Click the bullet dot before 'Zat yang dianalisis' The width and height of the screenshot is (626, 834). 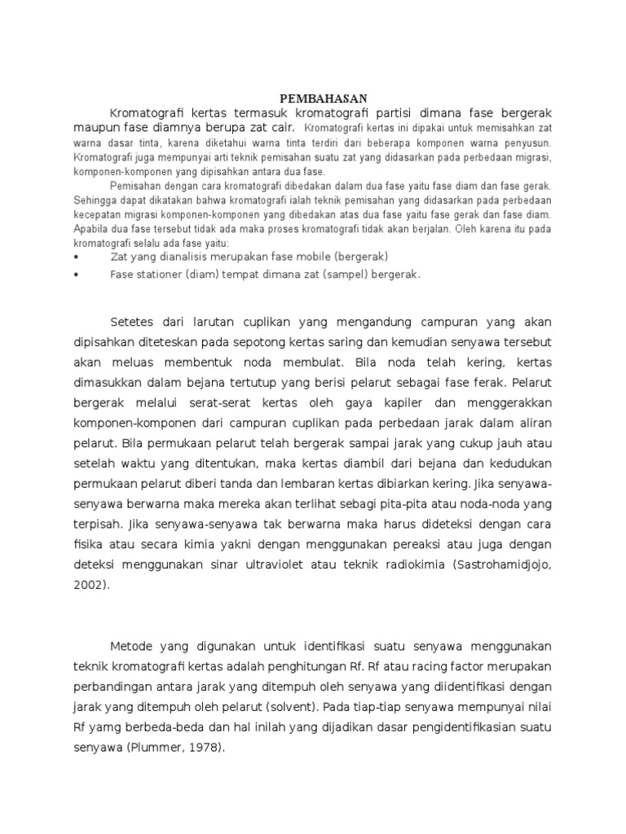(x=75, y=257)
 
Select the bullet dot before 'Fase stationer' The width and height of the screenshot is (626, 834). (x=75, y=275)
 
